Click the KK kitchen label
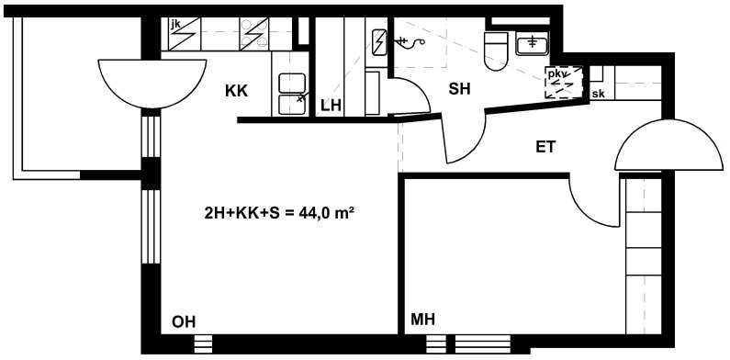coord(237,90)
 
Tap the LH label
coord(331,106)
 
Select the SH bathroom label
coord(459,88)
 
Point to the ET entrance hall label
coord(545,147)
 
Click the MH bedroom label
coord(422,319)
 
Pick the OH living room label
coord(184,321)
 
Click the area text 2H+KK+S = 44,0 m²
coord(277,213)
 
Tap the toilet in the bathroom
coord(495,51)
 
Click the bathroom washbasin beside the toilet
coord(533,43)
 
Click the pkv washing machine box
coord(564,83)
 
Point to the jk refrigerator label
coord(175,25)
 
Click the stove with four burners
coord(254,34)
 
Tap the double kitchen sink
coord(292,94)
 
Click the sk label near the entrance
coord(599,94)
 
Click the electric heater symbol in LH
coord(379,42)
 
